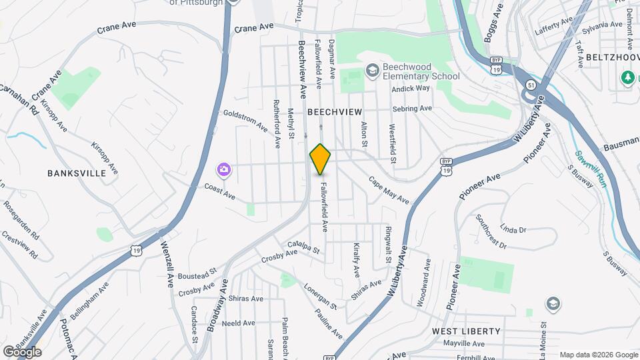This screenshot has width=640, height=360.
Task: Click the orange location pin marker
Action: coord(321,159)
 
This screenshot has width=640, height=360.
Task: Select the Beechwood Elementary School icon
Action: coord(372,71)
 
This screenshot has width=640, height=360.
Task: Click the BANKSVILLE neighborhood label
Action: coord(77,173)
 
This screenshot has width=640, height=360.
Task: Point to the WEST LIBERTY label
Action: coord(466,331)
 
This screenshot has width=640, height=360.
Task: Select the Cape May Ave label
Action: coord(389,190)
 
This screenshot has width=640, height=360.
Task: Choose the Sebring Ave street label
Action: coord(413,108)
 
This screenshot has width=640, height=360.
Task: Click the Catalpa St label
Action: coord(303,247)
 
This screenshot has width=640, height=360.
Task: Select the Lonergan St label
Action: coord(320,295)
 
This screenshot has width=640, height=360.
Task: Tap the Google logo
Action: coord(22,351)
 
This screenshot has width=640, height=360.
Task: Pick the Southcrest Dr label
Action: coord(492,233)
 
